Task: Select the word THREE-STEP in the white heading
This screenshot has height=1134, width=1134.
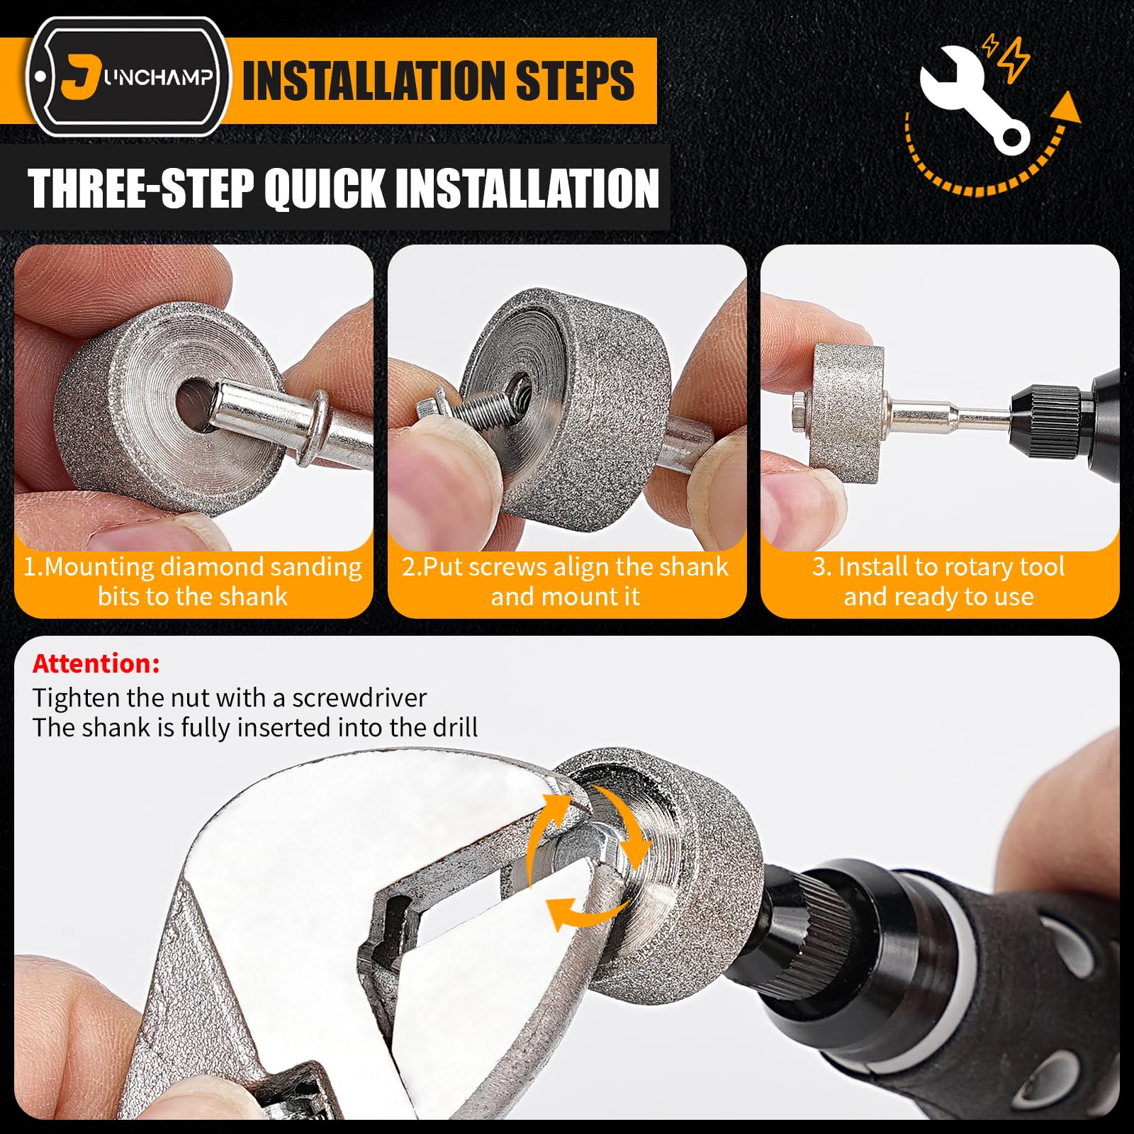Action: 140,189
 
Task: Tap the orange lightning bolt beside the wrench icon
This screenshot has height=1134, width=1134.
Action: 1015,59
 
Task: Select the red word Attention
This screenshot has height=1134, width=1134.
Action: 96,663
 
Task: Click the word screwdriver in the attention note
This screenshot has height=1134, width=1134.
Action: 359,698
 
